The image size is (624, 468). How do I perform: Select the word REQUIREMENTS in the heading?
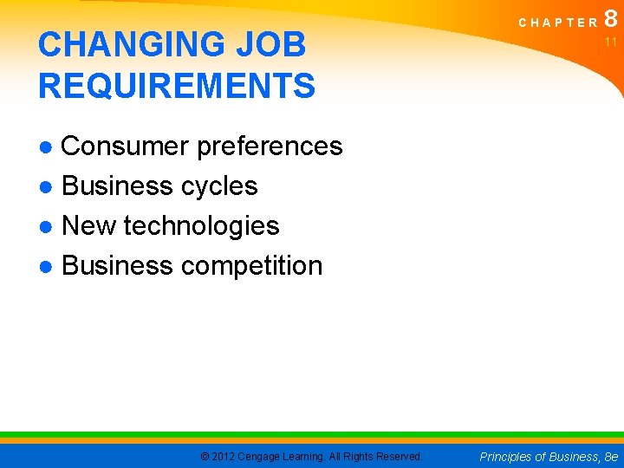[x=177, y=86]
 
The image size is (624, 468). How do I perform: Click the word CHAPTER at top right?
[x=559, y=23]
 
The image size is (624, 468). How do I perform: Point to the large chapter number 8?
[x=612, y=19]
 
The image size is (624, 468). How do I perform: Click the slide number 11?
[x=611, y=42]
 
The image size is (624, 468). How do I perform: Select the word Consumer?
[x=126, y=146]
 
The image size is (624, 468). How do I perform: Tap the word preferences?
[x=270, y=146]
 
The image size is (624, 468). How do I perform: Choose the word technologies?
[x=201, y=226]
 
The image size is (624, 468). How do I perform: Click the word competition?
[x=251, y=266]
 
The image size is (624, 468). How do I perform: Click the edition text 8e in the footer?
[x=612, y=456]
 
